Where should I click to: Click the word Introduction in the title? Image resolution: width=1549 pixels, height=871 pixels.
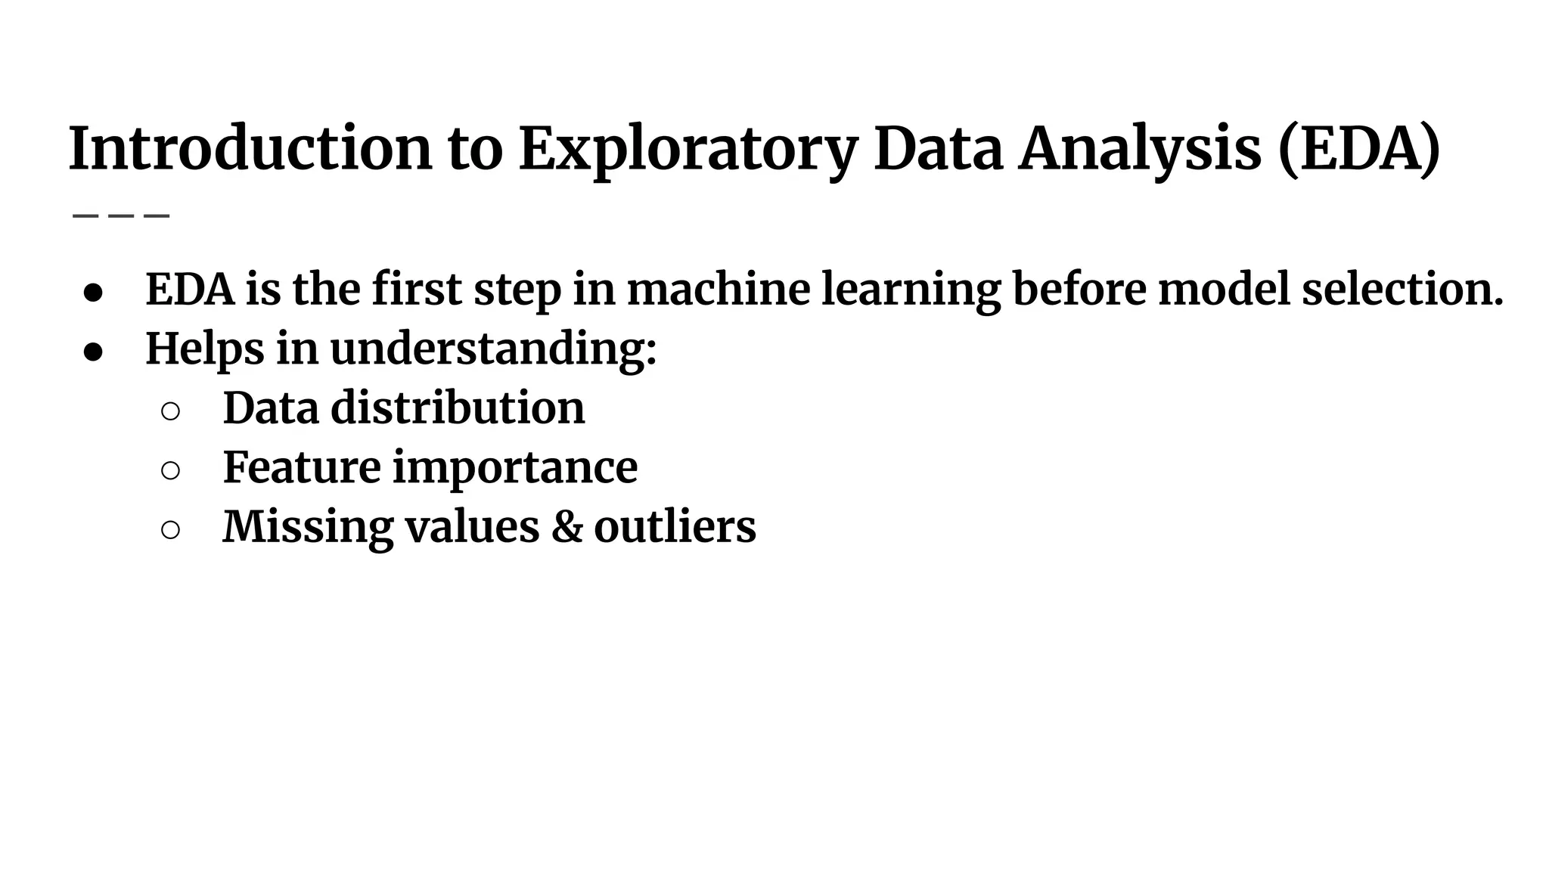pos(250,149)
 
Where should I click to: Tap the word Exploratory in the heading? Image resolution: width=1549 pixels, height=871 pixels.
pos(688,149)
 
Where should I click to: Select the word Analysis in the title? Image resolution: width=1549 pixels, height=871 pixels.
pos(1140,149)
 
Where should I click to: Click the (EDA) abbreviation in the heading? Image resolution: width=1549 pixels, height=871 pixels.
pos(1359,149)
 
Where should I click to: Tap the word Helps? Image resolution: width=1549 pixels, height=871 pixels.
pos(204,349)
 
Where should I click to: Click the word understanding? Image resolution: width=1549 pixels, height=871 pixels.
pos(493,349)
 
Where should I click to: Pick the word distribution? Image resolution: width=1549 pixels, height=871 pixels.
pos(458,408)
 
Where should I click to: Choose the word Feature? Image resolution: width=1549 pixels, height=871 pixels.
pos(301,467)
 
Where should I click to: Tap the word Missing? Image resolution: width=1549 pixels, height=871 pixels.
pos(308,527)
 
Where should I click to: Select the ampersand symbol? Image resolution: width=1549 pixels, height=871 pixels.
pos(567,527)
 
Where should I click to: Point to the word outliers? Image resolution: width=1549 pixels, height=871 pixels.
pos(675,527)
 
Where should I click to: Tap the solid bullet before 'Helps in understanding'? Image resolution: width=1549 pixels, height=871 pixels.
pos(93,353)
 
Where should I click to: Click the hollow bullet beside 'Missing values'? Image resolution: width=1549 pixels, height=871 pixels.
pos(170,530)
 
